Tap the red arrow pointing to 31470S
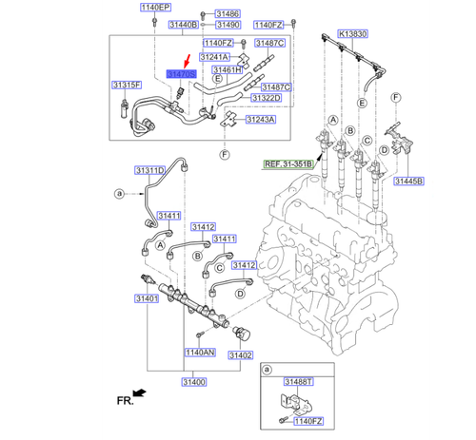pos(187,60)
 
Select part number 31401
pos(145,297)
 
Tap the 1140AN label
pos(199,352)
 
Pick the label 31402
pos(239,354)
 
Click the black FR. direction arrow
pos(140,392)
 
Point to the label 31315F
pos(126,85)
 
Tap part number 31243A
pos(259,120)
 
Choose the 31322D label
pos(266,98)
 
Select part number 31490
pos(227,25)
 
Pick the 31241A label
pos(214,57)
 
